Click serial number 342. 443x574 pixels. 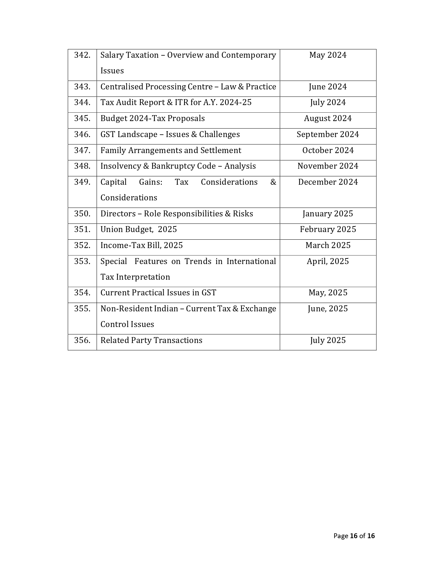pos(82,55)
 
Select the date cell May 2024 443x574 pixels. pos(328,55)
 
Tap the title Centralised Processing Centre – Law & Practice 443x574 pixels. pos(188,87)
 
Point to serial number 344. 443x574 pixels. pos(82,102)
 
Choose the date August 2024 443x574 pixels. pos(328,118)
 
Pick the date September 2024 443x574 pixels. pos(328,134)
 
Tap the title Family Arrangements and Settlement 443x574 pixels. pos(171,150)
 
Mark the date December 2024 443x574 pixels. pos(328,182)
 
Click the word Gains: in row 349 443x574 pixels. pos(151,182)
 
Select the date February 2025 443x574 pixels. pos(328,229)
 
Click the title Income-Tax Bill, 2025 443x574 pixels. pos(141,245)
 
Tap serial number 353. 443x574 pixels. pos(82,261)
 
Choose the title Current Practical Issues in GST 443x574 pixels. pos(158,293)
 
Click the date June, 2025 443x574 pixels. pos(328,309)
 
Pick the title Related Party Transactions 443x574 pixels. pos(151,340)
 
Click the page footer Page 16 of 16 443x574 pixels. pos(354,536)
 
